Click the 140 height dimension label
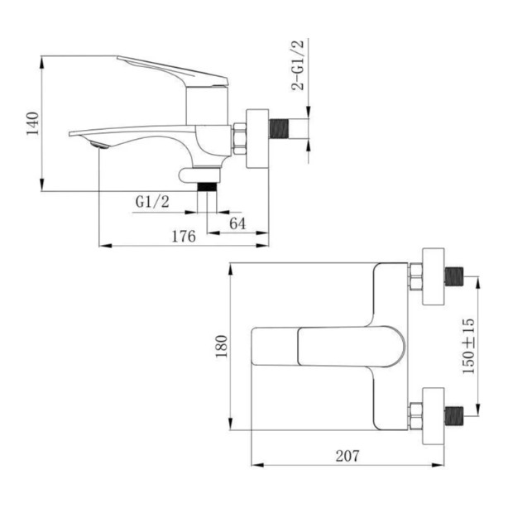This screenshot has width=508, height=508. point(33,123)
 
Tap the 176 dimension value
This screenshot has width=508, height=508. point(184,237)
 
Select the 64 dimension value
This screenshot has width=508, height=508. point(237,223)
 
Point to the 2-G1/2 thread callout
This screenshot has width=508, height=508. point(298,65)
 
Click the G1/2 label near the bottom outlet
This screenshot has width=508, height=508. point(152,202)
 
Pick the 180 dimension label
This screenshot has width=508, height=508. point(223,347)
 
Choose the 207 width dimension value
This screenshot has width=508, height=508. point(347,456)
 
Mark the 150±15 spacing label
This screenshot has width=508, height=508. point(468,347)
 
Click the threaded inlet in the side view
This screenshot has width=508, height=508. point(279,128)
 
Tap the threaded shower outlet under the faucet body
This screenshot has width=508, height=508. point(207,187)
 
